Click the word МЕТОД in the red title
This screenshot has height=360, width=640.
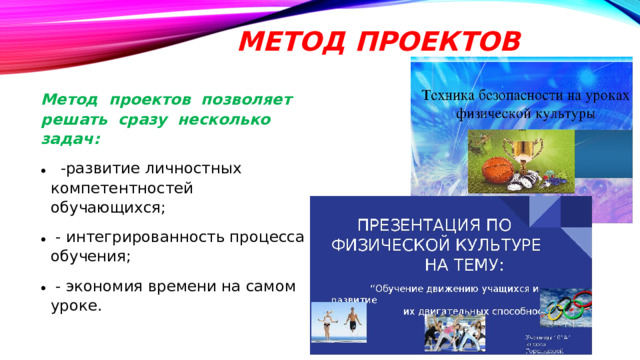click(287, 42)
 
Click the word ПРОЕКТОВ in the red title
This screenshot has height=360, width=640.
click(436, 42)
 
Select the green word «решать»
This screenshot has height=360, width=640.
click(69, 120)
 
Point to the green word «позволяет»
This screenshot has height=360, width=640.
click(248, 101)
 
